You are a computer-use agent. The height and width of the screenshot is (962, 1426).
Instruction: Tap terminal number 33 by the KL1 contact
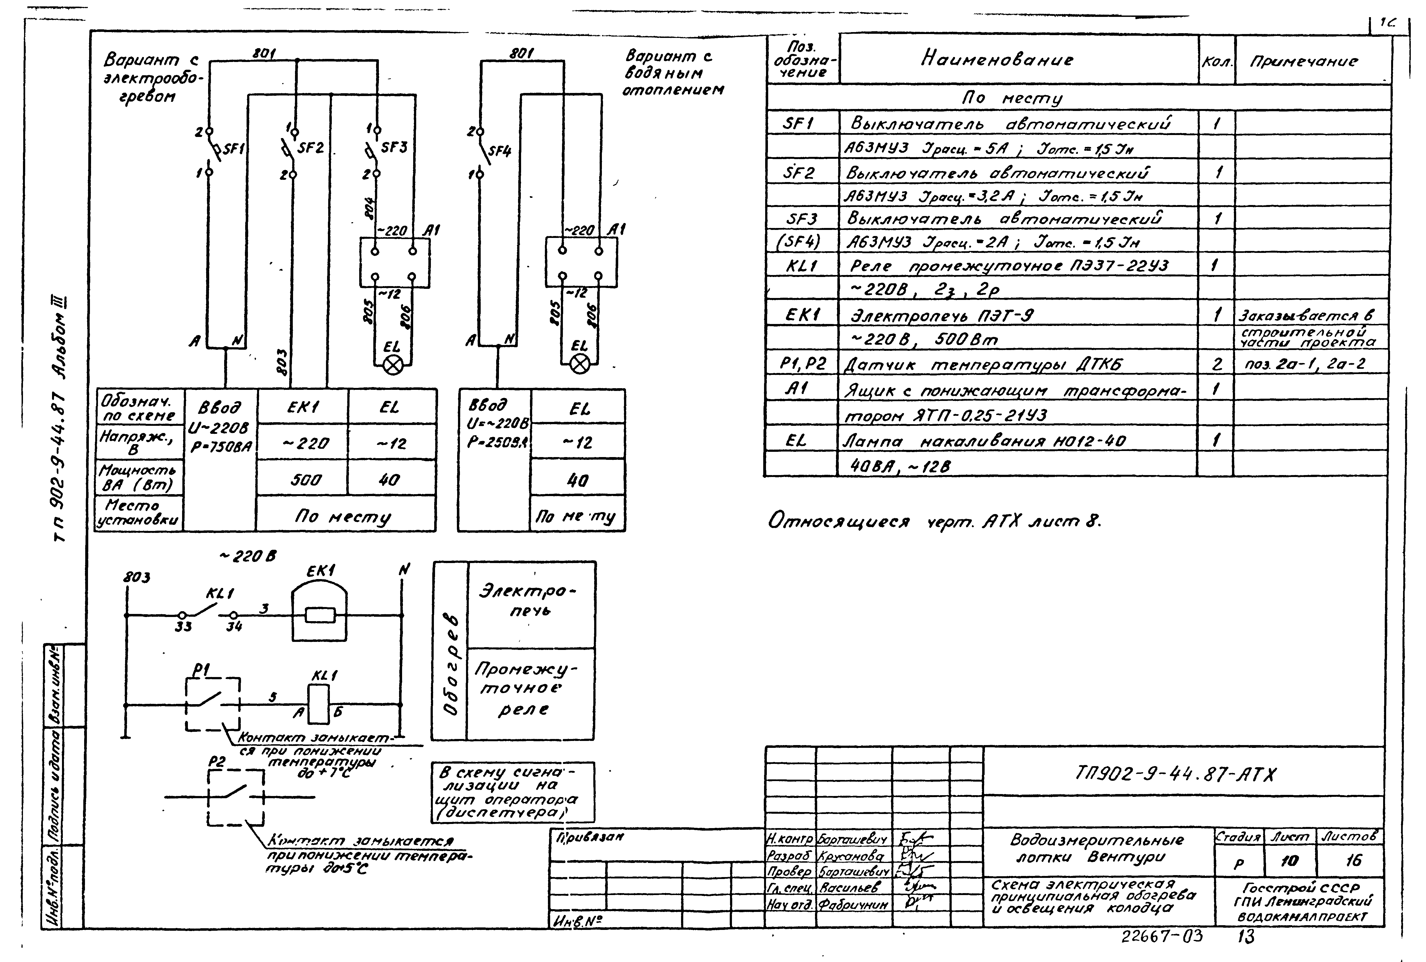click(x=183, y=626)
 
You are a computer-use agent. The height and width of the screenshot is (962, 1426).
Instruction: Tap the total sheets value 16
click(x=1353, y=861)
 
